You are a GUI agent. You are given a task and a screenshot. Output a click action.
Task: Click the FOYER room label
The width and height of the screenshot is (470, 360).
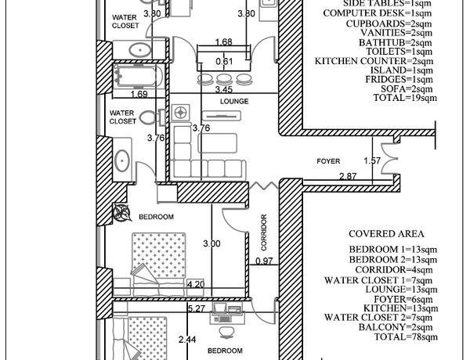(x=328, y=161)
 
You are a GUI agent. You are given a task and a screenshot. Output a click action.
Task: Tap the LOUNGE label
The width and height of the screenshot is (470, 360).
(x=234, y=101)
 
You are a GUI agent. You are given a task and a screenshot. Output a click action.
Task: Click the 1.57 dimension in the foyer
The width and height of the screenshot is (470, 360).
(x=372, y=161)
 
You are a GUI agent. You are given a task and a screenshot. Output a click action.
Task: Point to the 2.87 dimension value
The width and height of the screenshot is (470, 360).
(x=348, y=176)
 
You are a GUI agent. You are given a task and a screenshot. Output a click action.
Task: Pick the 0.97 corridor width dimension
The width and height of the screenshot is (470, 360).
(x=264, y=261)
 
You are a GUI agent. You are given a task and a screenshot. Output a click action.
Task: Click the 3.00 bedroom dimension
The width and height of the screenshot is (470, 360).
(x=211, y=243)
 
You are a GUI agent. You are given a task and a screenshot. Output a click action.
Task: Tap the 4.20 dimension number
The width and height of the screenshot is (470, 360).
(x=195, y=284)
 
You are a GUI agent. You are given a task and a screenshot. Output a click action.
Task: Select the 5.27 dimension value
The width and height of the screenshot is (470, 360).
(x=196, y=308)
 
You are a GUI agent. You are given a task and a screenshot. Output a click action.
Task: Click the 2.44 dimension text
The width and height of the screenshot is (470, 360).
(x=187, y=340)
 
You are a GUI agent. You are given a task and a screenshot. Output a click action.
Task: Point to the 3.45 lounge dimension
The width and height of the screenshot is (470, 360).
(x=224, y=89)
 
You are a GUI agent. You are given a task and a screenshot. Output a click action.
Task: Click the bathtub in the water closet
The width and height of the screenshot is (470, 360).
(x=138, y=76)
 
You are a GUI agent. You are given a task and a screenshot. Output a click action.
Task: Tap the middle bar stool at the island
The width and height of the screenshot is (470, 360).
(x=222, y=79)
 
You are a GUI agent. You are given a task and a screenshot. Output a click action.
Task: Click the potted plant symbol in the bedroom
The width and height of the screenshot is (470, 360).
(x=121, y=212)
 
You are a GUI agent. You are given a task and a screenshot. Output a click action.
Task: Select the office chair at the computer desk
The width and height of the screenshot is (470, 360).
(x=225, y=332)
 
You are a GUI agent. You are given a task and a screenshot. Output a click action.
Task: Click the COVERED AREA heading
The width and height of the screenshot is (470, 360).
(x=386, y=234)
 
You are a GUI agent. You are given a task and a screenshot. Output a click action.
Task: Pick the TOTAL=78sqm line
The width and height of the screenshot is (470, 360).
(x=406, y=337)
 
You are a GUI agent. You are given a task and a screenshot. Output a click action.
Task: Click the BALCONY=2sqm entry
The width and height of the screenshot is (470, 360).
(x=396, y=327)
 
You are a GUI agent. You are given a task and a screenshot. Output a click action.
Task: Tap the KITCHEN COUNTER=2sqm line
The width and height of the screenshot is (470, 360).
(x=374, y=61)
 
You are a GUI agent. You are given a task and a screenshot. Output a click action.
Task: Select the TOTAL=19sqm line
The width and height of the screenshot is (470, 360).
(x=405, y=98)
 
